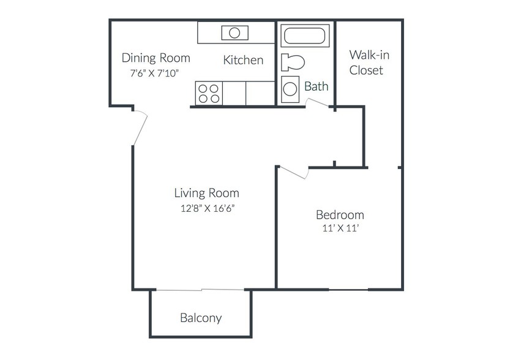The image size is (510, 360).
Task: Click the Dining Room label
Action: click(x=156, y=58)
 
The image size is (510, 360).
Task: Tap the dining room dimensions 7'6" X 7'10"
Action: click(x=154, y=73)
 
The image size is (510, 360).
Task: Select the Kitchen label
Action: click(x=243, y=60)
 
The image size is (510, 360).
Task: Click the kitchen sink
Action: click(x=235, y=33)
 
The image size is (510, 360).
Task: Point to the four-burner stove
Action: click(x=209, y=94)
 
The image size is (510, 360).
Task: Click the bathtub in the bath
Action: click(x=305, y=36)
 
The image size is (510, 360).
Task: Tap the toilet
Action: click(x=293, y=62)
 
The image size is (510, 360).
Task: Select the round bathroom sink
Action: click(x=290, y=89)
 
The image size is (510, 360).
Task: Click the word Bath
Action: click(x=316, y=86)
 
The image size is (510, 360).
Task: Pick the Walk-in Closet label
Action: click(x=369, y=62)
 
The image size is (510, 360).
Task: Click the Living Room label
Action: click(x=206, y=193)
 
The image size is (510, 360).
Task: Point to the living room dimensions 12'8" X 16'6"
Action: click(x=208, y=208)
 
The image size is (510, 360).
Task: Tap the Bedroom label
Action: click(x=340, y=215)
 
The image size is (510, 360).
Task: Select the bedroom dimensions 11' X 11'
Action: click(x=340, y=228)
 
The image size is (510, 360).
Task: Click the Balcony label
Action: click(x=201, y=318)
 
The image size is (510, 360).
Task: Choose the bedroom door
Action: click(x=293, y=173)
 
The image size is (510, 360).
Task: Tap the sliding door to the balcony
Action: click(x=200, y=290)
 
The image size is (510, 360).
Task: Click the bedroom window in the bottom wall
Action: click(x=348, y=290)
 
